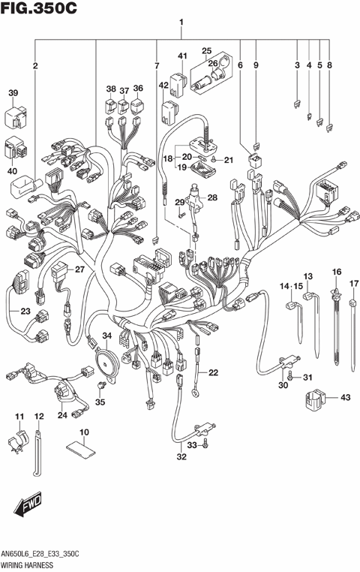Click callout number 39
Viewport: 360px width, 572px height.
tap(13, 93)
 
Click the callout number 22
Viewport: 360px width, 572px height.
tap(214, 373)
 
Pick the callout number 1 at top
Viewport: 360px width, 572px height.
tap(181, 23)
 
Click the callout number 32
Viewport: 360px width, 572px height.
tap(181, 457)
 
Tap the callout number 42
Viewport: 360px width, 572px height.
tap(163, 86)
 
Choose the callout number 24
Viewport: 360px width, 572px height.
tap(62, 415)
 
